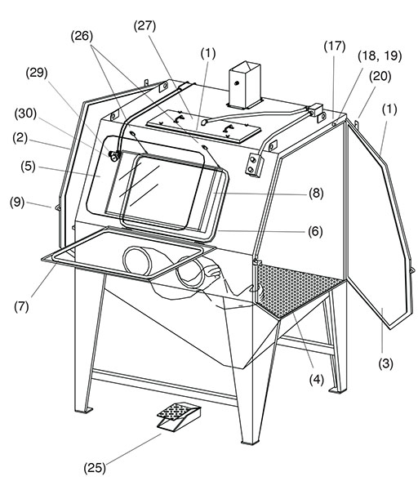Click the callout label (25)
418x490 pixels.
(95, 468)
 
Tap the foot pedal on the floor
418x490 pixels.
(179, 416)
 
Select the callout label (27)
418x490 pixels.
(145, 25)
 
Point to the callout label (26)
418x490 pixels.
(82, 36)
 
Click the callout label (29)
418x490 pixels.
(37, 73)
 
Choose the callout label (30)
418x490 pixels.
(25, 114)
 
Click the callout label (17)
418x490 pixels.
(335, 47)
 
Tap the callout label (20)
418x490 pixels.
(380, 76)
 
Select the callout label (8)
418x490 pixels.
(316, 193)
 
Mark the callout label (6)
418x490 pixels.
(315, 232)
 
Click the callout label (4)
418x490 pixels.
(317, 380)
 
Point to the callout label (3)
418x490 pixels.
(386, 363)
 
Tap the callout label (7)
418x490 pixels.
(21, 306)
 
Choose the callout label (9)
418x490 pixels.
(17, 202)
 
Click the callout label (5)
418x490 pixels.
(28, 166)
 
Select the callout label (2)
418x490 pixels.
(20, 138)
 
